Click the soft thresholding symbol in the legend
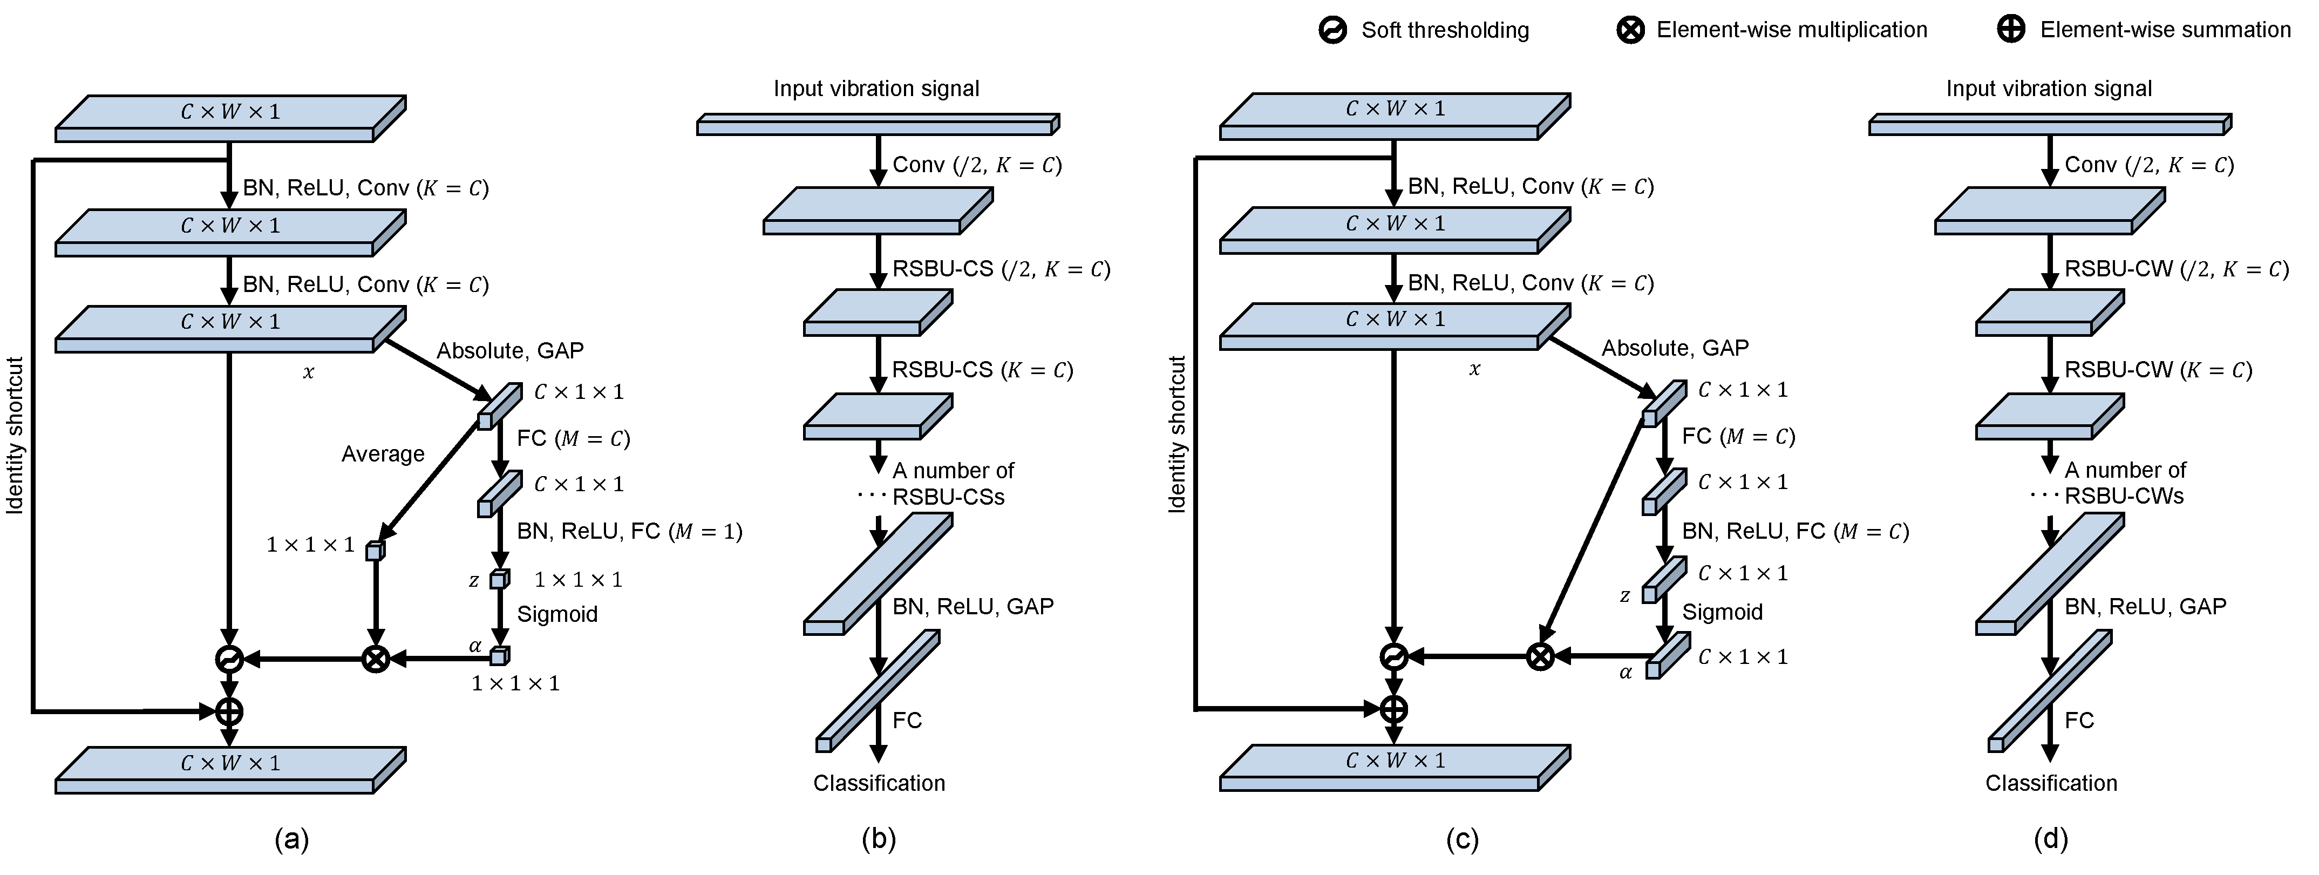click(1332, 31)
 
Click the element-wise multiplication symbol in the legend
click(1630, 31)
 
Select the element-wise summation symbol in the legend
click(2011, 31)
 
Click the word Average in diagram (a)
click(383, 455)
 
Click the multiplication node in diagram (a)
click(376, 660)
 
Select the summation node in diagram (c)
click(1393, 709)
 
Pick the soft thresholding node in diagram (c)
click(1393, 657)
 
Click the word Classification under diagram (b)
click(879, 783)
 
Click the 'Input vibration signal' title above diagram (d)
click(2049, 88)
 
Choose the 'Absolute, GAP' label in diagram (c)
click(1675, 348)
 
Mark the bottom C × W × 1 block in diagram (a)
click(229, 770)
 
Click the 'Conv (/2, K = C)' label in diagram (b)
click(977, 165)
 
